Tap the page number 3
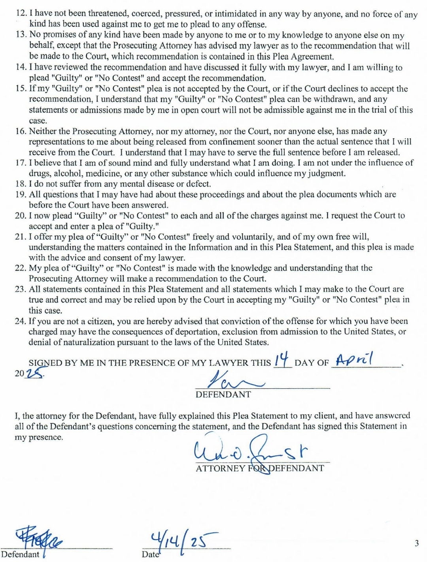[x=416, y=543]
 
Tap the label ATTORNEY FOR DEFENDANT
[x=260, y=468]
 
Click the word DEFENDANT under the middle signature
[x=223, y=395]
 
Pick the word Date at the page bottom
[x=151, y=554]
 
